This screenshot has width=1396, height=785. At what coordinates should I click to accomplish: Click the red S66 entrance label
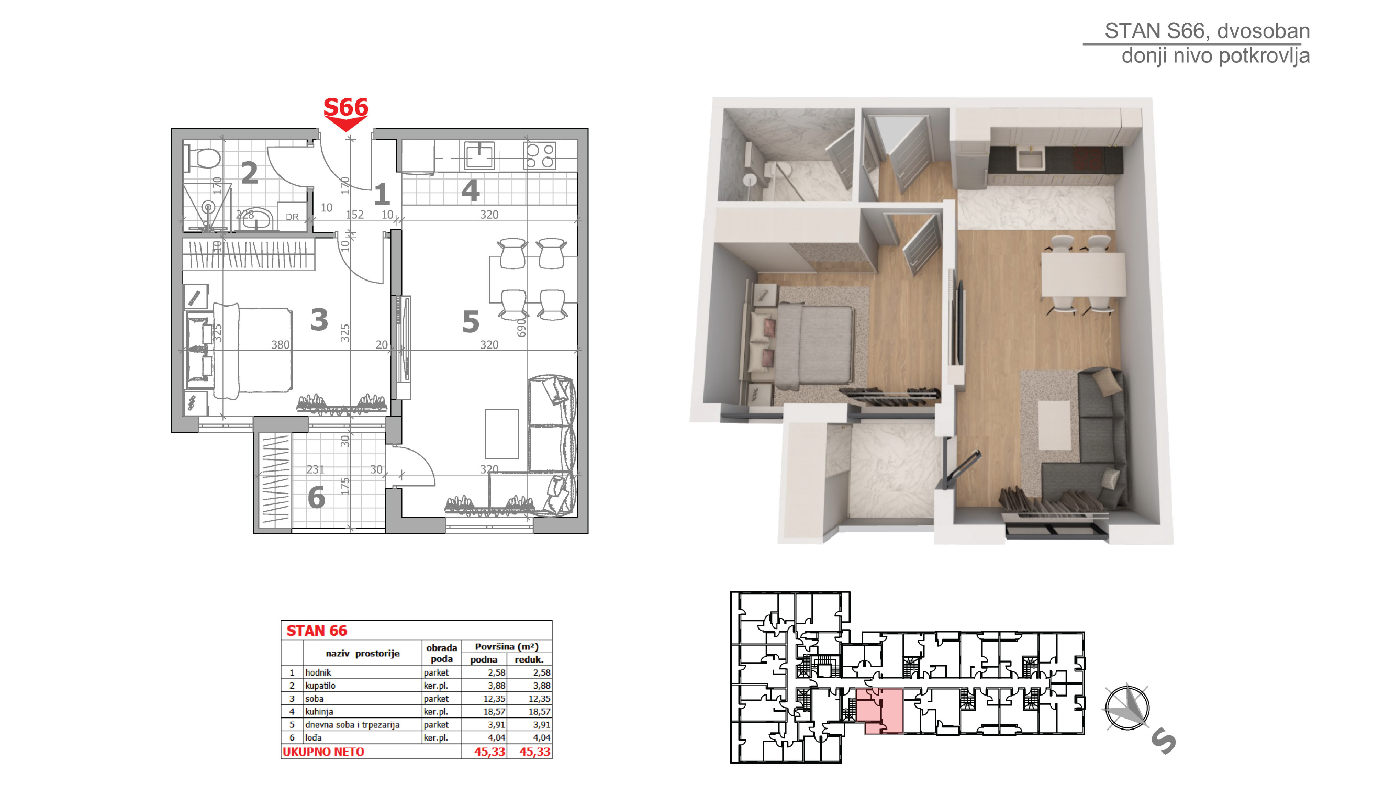coord(346,107)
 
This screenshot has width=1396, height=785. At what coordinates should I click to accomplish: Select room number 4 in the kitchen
coord(471,190)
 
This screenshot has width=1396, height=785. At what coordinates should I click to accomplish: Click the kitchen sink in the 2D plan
coord(479,156)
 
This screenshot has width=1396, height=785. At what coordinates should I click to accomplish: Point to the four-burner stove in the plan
coord(540,155)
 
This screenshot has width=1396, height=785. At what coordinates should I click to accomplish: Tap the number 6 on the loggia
coord(317,497)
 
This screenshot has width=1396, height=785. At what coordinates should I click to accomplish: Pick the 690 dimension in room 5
coord(521,328)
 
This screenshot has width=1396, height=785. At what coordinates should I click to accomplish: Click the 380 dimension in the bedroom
coord(280,344)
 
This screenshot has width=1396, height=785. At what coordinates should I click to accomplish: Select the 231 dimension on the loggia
coord(316,469)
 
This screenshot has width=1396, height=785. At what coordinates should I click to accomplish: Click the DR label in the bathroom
coord(292,217)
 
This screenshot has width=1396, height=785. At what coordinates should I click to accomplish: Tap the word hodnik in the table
coord(318,672)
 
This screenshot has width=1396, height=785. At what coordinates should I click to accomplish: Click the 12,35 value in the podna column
coord(494,698)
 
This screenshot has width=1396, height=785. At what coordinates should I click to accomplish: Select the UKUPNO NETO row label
coord(323,752)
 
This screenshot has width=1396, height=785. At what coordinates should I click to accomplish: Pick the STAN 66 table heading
coord(317,631)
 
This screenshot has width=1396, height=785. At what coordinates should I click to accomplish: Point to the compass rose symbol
coord(1127,707)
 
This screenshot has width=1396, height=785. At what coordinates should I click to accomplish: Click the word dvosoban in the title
coord(1264,31)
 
